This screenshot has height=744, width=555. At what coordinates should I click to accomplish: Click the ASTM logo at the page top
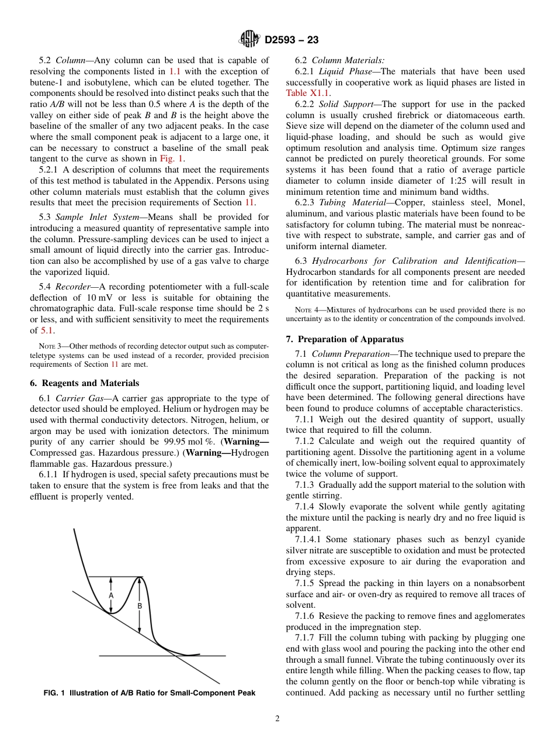[x=249, y=40]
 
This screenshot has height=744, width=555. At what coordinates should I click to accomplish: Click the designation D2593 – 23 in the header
[x=292, y=40]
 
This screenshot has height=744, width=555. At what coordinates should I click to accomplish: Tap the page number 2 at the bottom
[x=277, y=719]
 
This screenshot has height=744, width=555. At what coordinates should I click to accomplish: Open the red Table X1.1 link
[x=307, y=92]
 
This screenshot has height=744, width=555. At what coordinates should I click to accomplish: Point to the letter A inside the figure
[x=111, y=595]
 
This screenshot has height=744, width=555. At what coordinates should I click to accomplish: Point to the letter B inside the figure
[x=140, y=607]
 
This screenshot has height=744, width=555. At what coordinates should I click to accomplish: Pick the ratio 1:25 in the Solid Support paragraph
[x=446, y=181]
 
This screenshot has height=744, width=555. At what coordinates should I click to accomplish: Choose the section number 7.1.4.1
[x=308, y=539]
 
